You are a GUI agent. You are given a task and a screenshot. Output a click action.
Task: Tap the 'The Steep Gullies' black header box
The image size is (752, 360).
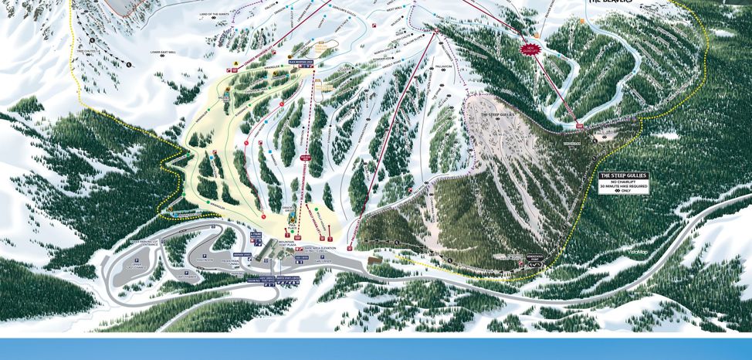(624, 175)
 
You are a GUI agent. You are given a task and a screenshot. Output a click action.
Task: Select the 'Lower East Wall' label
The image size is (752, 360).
(163, 53)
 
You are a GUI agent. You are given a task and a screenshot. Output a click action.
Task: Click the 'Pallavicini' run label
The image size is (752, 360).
(442, 66)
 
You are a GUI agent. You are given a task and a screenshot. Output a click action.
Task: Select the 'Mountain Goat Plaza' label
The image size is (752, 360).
(287, 243)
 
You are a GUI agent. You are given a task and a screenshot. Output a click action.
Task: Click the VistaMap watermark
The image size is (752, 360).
(637, 251)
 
